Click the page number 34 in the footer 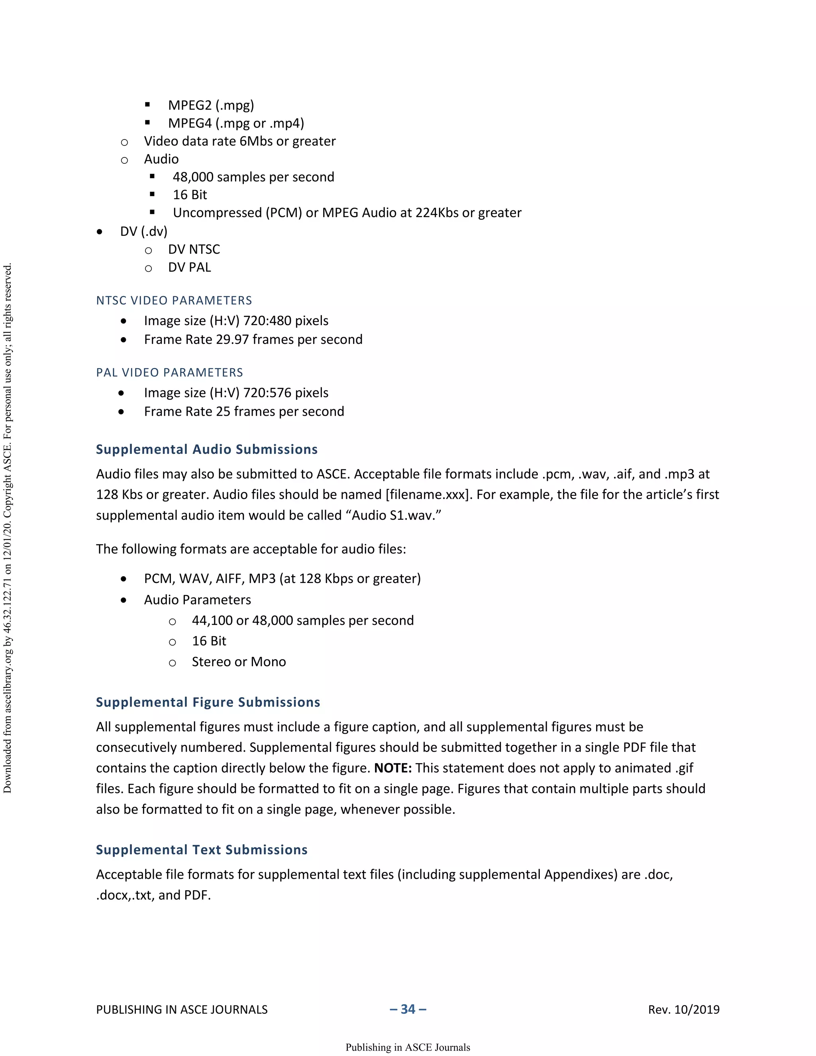tap(408, 1009)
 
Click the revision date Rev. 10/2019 tap(684, 1010)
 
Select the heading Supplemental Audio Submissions tap(207, 449)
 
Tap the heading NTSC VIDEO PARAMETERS tap(174, 300)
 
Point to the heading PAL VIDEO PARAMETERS tap(170, 372)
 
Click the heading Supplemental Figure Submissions tap(208, 702)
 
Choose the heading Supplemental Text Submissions tap(202, 850)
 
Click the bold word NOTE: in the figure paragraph tap(392, 768)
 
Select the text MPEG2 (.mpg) tap(211, 105)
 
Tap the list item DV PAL tap(190, 267)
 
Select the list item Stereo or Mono tap(239, 661)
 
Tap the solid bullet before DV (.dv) tap(100, 232)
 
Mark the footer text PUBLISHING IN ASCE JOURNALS tap(182, 1010)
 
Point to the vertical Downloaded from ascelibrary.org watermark tap(7, 527)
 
